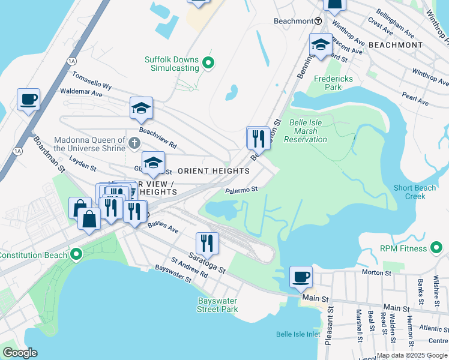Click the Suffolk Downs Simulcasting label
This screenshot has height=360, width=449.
click(171, 64)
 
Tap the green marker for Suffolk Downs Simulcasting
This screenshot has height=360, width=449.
click(208, 62)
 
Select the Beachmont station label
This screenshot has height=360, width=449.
click(294, 21)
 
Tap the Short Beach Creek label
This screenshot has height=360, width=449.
click(415, 192)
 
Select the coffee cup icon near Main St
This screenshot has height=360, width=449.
click(301, 277)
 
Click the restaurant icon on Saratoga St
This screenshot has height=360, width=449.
click(207, 242)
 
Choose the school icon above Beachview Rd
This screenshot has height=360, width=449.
click(141, 108)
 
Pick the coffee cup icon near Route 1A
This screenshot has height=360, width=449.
click(28, 99)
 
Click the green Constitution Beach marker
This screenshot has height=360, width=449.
click(76, 255)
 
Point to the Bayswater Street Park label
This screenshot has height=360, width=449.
click(217, 305)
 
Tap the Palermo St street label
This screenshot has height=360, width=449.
click(241, 190)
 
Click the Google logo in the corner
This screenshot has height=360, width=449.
click(20, 353)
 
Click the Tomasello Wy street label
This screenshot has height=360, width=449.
click(92, 81)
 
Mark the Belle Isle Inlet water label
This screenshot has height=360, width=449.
click(298, 334)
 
